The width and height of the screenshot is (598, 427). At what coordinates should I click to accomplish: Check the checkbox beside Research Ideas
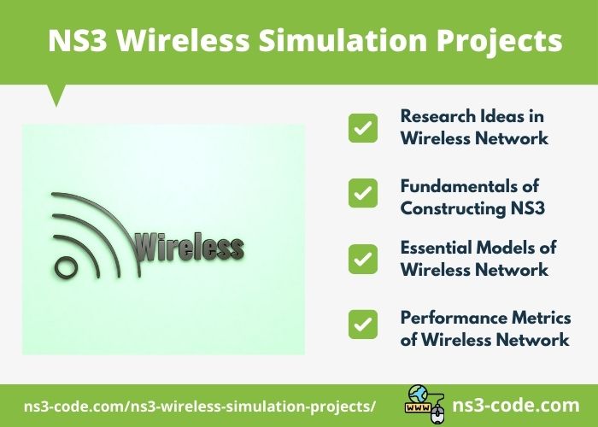(363, 128)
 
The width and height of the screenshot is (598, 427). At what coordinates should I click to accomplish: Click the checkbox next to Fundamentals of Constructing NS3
(363, 193)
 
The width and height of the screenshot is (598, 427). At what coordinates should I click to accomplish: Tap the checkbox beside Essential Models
(363, 258)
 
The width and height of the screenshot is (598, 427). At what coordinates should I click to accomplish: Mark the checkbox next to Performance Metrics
(363, 324)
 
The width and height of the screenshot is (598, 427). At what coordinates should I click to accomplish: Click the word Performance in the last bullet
(448, 318)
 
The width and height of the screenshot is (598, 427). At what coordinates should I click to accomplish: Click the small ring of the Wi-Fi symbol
(66, 266)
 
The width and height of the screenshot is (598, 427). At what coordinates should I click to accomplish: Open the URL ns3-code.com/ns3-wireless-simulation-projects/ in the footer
(200, 406)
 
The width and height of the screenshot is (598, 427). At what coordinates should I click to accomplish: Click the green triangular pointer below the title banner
(57, 94)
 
